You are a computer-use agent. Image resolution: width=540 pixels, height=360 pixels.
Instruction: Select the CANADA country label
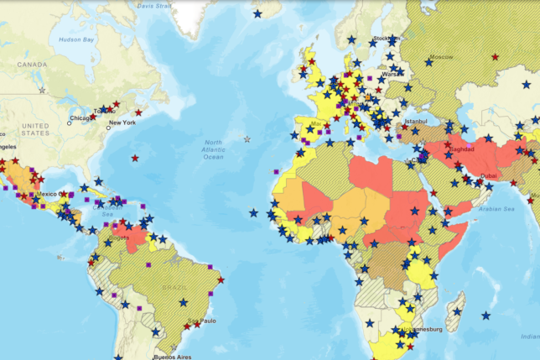[33, 64]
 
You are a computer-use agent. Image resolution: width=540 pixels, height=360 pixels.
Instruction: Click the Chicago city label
[82, 118]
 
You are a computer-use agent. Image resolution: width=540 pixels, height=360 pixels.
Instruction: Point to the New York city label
[122, 123]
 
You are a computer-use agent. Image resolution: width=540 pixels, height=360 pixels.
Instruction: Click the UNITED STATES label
[37, 129]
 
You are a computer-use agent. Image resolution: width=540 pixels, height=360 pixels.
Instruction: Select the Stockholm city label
[387, 38]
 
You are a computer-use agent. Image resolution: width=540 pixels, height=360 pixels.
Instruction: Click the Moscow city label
[441, 58]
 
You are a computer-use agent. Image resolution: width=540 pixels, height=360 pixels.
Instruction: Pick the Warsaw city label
[393, 73]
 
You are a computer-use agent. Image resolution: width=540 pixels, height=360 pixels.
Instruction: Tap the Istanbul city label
[416, 121]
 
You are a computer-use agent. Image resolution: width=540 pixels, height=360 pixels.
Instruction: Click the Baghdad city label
[462, 149]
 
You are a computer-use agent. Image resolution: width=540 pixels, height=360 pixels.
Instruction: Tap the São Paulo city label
[201, 321]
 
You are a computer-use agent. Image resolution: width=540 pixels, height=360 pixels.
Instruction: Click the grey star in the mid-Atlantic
[247, 139]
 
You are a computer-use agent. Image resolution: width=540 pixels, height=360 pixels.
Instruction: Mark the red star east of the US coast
[135, 158]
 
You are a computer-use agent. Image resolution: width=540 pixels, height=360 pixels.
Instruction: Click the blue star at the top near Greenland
[257, 13]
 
